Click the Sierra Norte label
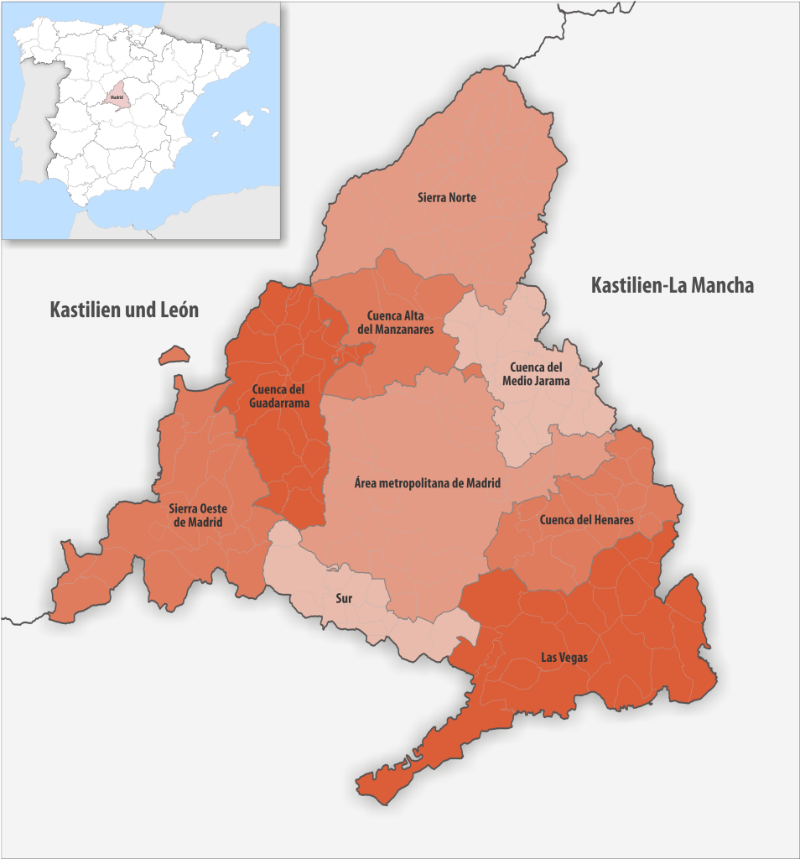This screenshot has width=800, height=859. pos(447,198)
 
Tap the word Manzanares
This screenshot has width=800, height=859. pos(406,330)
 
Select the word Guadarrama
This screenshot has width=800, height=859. pos(279,403)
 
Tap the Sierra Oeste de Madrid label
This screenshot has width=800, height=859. pos(198,515)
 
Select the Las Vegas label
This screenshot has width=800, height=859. pos(564,658)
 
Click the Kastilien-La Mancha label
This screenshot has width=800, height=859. pos(672,286)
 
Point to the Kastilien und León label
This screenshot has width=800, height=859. pos(124,310)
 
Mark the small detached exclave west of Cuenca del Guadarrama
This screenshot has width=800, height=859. pos(174,356)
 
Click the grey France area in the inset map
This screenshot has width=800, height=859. pos(218,17)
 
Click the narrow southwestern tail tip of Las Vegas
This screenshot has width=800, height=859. pos(362,787)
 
